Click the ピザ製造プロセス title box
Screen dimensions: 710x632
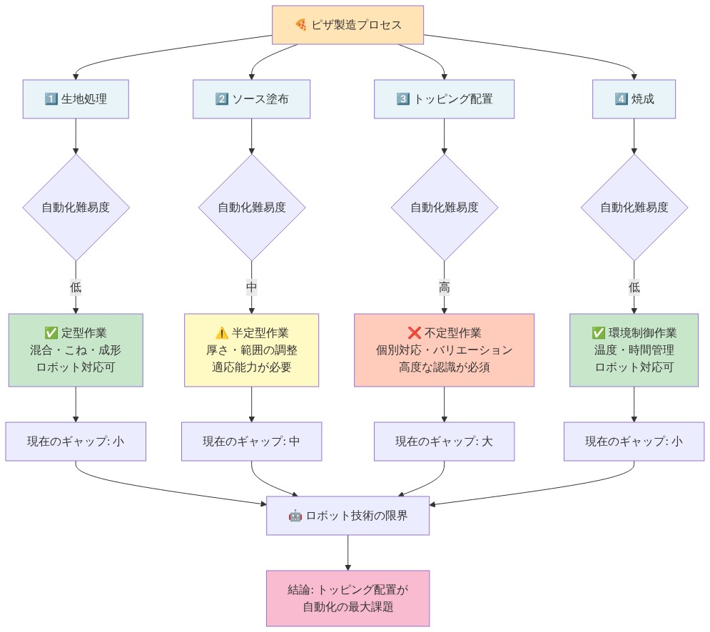(x=348, y=25)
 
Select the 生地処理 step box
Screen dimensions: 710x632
(x=76, y=99)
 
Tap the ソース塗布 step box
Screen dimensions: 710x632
(x=251, y=99)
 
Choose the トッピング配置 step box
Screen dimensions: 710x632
(x=445, y=99)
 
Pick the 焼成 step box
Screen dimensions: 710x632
(x=634, y=99)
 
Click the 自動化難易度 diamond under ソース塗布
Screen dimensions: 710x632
(x=252, y=208)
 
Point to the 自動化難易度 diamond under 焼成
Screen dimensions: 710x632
(x=634, y=208)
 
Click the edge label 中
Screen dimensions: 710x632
(x=252, y=287)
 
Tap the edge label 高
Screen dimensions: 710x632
(x=445, y=287)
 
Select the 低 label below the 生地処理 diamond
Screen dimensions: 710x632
(x=76, y=287)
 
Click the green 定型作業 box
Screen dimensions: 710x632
(x=76, y=350)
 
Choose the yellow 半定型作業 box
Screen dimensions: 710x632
(x=251, y=350)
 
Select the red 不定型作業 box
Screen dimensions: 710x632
(x=445, y=350)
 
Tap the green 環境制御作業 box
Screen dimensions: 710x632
(x=634, y=350)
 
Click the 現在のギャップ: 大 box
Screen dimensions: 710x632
(x=445, y=442)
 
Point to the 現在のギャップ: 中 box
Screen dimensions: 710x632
(x=252, y=442)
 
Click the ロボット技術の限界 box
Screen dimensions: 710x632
(x=348, y=516)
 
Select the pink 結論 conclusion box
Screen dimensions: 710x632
(x=348, y=598)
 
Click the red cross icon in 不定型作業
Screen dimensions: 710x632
(x=415, y=332)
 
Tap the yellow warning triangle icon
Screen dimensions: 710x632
(x=222, y=332)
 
